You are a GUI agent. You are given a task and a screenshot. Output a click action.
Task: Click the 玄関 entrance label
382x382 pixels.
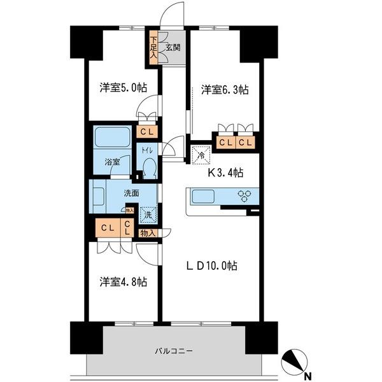(173, 46)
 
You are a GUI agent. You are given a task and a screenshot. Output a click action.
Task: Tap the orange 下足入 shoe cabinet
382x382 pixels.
(153, 47)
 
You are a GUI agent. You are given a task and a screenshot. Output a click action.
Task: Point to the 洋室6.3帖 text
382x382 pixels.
(224, 90)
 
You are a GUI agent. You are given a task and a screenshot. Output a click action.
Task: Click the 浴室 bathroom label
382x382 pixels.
(113, 162)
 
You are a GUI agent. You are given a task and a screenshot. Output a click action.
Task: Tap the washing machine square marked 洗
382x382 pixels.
(148, 215)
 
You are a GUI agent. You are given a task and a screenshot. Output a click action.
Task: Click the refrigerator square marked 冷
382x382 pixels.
(199, 153)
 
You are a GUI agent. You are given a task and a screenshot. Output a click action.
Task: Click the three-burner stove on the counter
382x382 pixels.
(245, 195)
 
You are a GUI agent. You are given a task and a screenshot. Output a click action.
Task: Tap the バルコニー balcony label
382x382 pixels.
(174, 351)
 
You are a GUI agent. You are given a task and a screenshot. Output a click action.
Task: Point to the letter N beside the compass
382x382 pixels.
(308, 375)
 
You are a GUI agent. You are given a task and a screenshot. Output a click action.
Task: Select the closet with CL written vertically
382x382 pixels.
(127, 227)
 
